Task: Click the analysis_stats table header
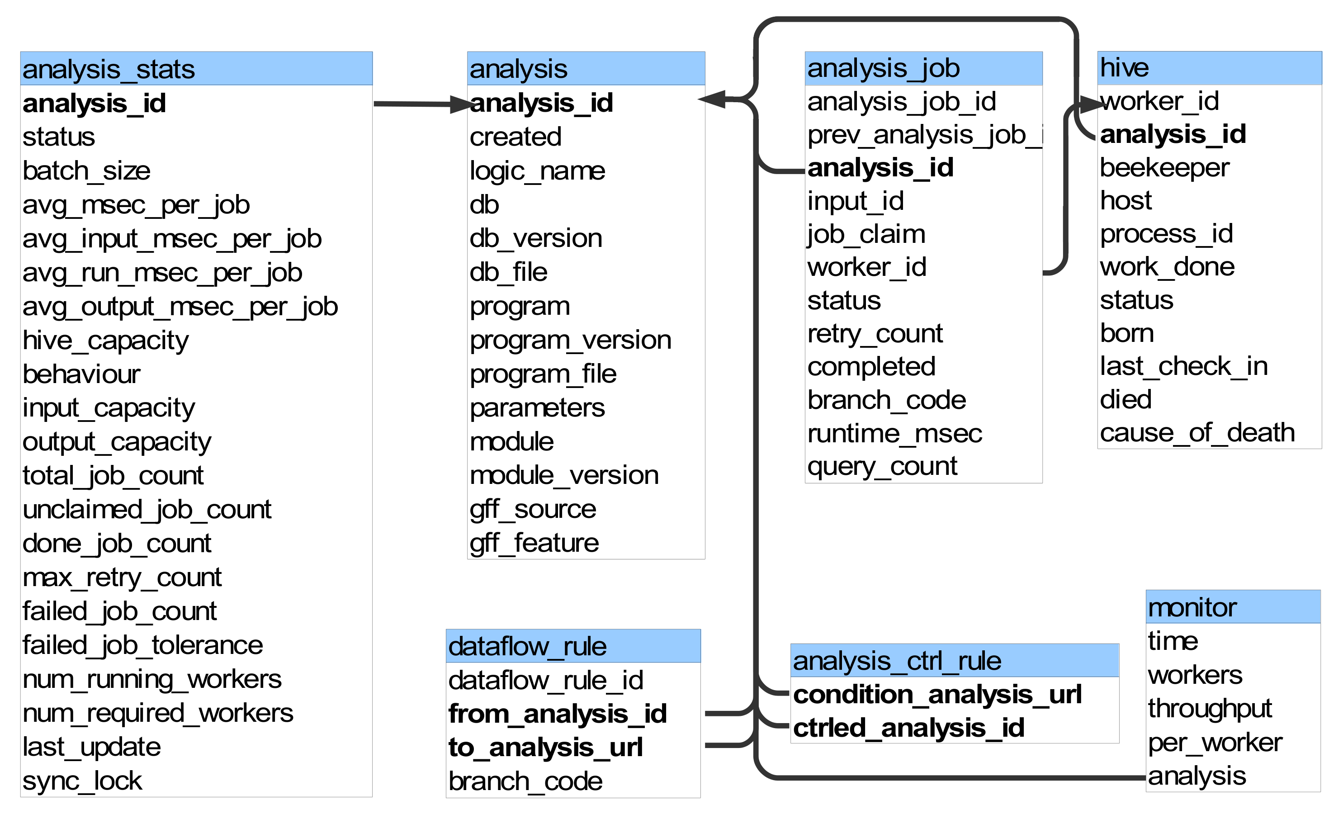[196, 69]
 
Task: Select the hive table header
[1210, 68]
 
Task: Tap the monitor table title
[1233, 606]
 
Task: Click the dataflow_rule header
[573, 646]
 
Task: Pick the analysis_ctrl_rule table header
[955, 660]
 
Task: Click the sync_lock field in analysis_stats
[82, 781]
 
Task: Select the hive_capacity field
[106, 341]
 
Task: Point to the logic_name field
[537, 171]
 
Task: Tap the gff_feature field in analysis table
[534, 543]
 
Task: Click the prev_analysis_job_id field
[925, 135]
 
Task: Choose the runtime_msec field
[894, 434]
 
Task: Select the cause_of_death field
[1197, 433]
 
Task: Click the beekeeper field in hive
[1164, 167]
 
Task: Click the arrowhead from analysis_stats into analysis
[460, 104]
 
